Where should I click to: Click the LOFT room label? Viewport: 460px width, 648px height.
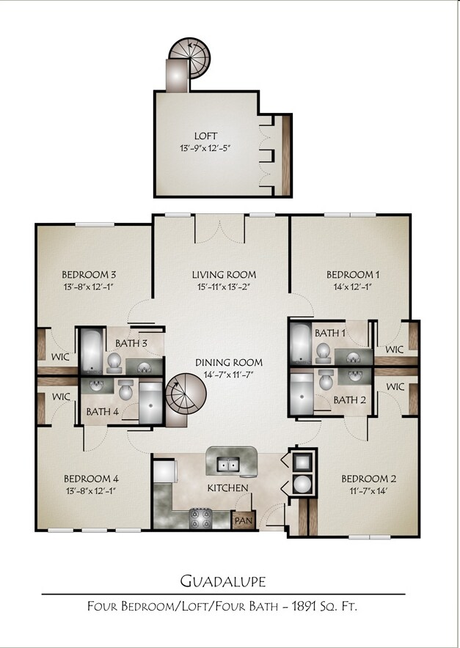click(205, 136)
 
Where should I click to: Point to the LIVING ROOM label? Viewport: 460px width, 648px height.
click(224, 275)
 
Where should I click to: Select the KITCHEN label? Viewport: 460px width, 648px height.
click(227, 487)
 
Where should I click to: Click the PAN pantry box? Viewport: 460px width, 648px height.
click(242, 520)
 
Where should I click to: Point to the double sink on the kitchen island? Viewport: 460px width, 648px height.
click(228, 464)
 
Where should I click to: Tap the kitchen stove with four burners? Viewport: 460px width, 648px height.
click(200, 518)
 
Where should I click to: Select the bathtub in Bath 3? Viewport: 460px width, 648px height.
click(91, 350)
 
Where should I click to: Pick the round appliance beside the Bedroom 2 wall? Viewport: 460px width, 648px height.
click(302, 485)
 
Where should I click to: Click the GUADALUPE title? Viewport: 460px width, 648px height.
click(223, 581)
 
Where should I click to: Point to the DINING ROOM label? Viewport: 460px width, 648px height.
click(228, 362)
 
